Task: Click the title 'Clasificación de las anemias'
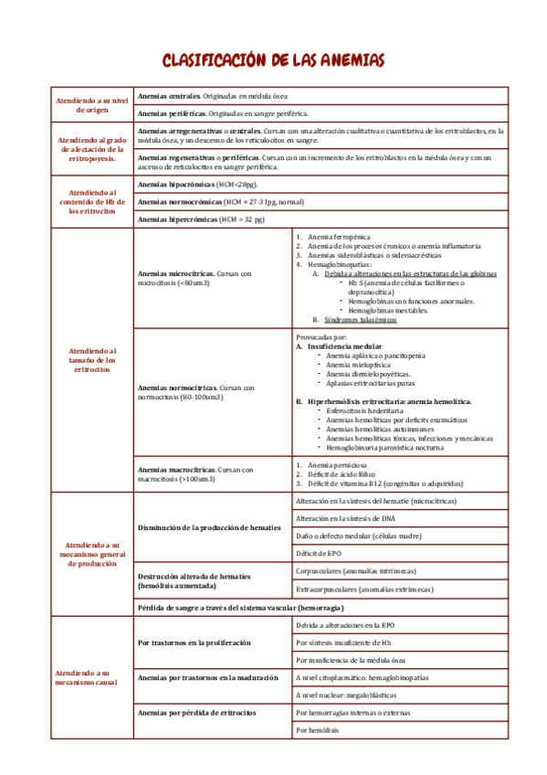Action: click(x=273, y=60)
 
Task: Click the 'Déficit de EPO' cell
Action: click(x=320, y=554)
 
